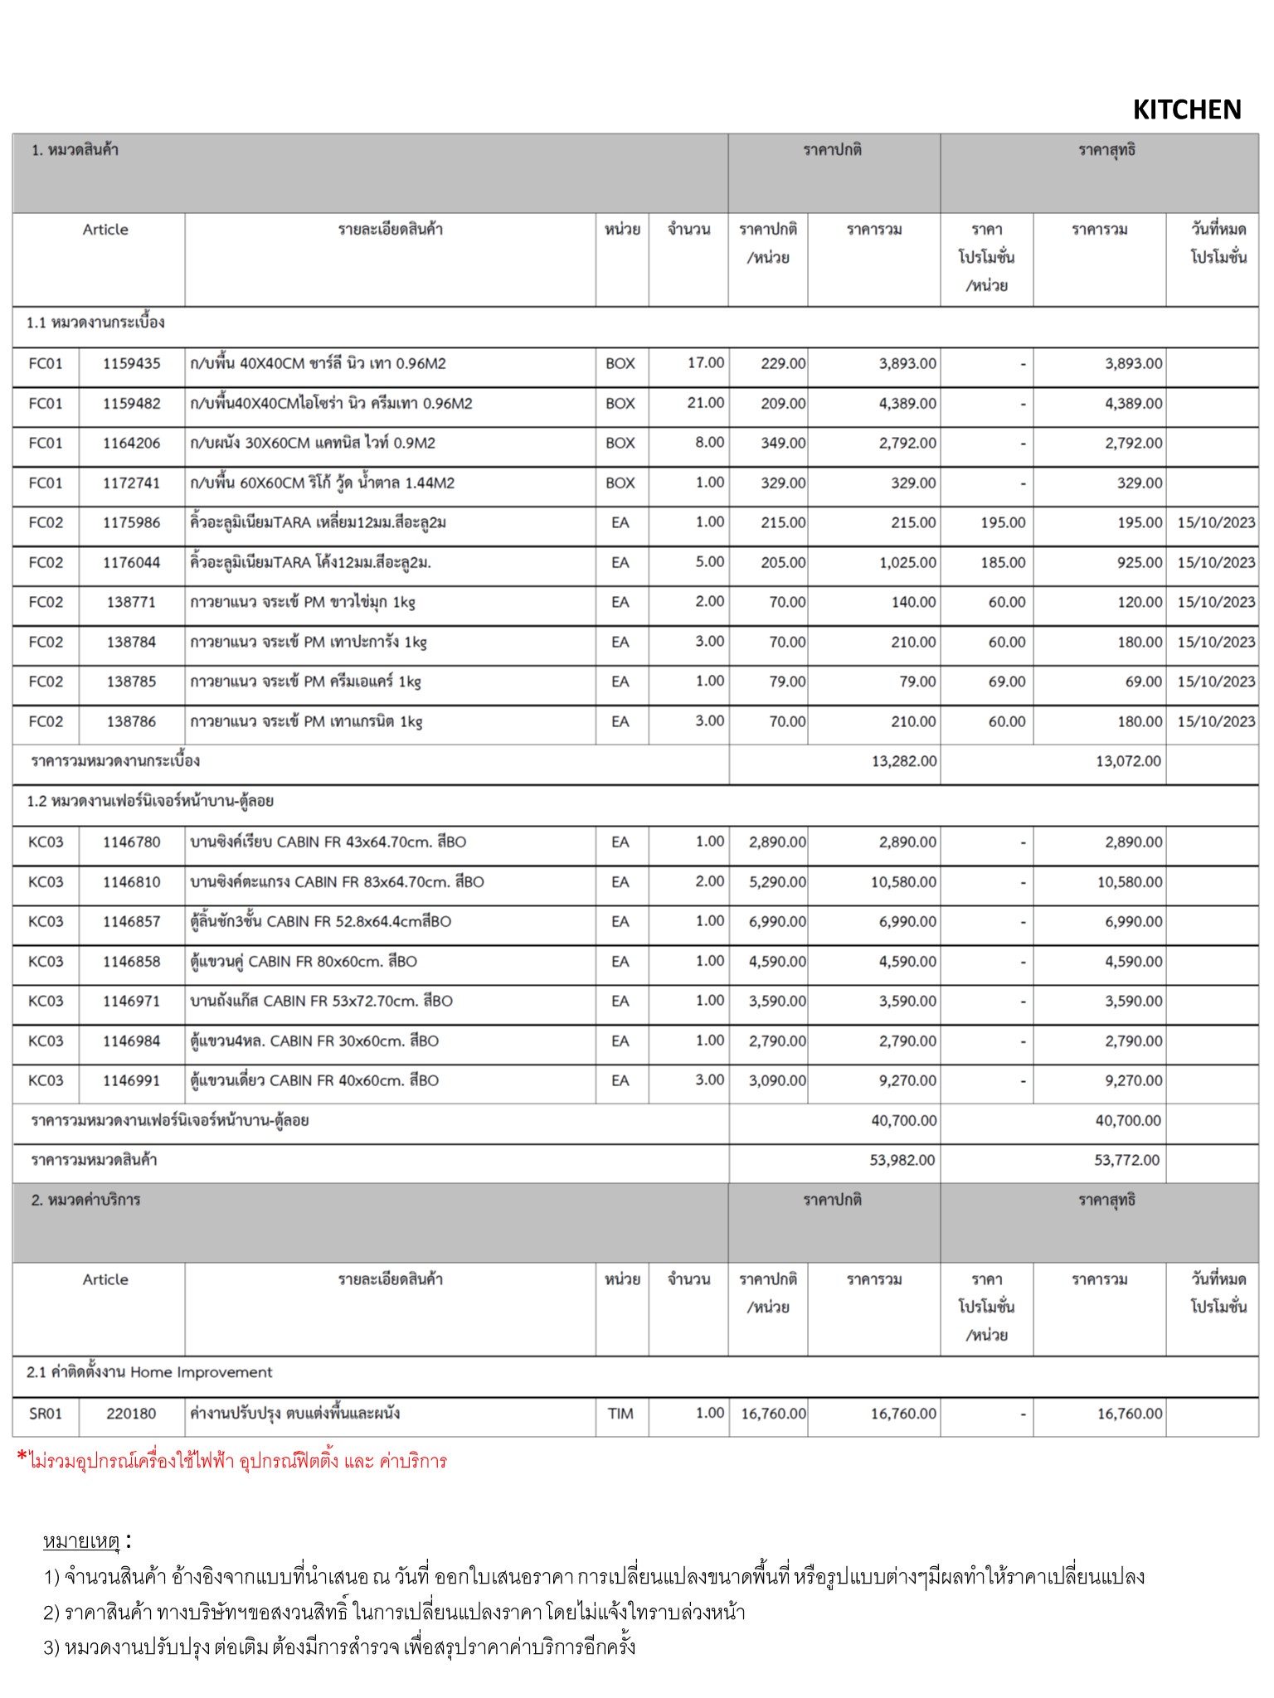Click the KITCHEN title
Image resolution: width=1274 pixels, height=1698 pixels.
1186,109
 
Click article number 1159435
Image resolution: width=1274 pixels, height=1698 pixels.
131,363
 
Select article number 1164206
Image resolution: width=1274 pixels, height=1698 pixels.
131,443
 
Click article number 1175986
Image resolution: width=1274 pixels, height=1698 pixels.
131,522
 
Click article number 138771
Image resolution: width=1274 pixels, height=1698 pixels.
131,602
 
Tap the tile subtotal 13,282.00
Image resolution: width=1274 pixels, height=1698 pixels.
903,761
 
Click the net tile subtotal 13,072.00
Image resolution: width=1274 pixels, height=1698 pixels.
1128,761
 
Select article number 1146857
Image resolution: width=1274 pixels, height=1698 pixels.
131,921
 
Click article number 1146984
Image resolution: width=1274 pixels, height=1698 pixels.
131,1041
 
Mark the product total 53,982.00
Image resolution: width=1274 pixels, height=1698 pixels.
902,1160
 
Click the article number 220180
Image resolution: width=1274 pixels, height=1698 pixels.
131,1414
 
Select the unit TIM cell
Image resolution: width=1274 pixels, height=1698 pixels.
620,1414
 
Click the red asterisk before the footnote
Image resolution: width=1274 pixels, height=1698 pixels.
22,1458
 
